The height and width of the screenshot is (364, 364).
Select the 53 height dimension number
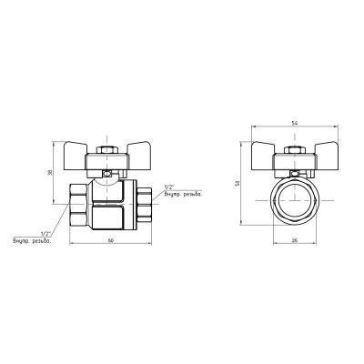tap(238, 182)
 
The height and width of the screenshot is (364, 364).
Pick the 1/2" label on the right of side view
tap(169, 187)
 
